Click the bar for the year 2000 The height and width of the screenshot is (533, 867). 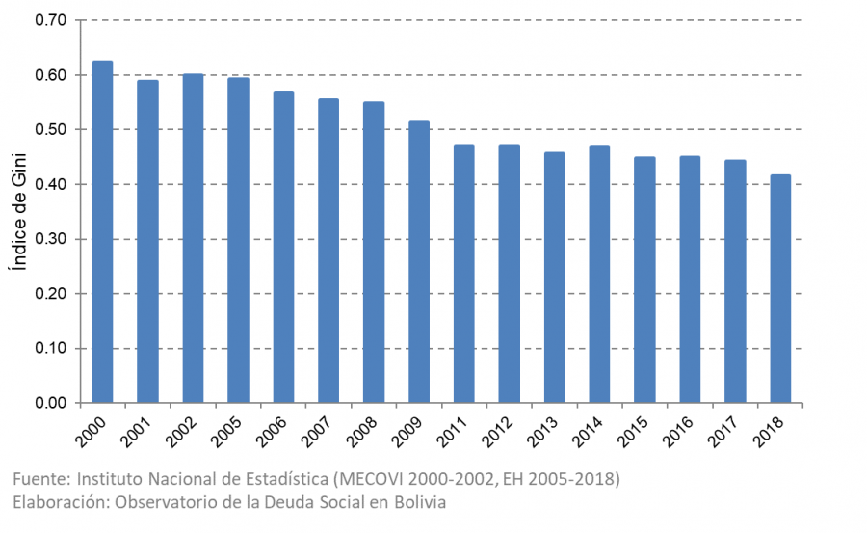[102, 231]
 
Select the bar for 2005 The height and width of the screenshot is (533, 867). [238, 240]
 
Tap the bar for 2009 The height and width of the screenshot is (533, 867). [418, 261]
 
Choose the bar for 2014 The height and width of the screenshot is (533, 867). [599, 274]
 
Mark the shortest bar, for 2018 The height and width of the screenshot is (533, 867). [780, 288]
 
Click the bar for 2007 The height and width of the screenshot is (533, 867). [328, 251]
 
